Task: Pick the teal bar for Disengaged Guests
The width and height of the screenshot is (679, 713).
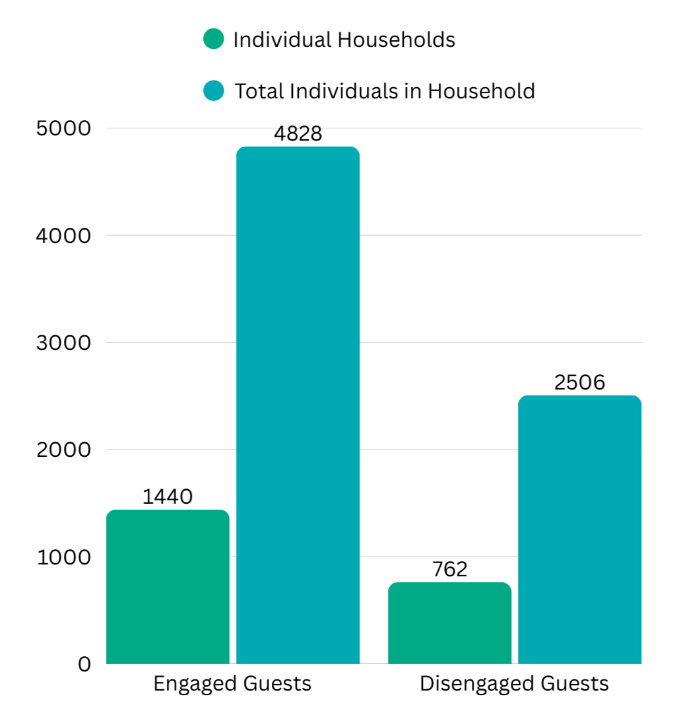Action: tap(579, 529)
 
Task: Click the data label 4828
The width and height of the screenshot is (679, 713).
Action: tap(298, 133)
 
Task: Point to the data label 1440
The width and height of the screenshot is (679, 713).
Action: tap(168, 496)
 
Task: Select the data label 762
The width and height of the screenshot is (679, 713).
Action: tap(449, 569)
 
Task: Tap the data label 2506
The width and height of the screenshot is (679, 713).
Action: tap(579, 382)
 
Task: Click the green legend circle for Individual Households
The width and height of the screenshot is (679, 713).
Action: tap(214, 39)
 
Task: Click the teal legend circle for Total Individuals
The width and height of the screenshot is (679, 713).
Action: tap(214, 90)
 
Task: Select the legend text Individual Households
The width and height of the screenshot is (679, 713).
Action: tap(344, 40)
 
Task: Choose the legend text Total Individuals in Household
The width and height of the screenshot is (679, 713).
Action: tap(385, 91)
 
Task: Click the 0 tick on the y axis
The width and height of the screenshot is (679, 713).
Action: tap(84, 664)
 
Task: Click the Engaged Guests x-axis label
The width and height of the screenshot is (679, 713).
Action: tap(232, 683)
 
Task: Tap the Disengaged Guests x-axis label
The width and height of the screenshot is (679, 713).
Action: tap(514, 683)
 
